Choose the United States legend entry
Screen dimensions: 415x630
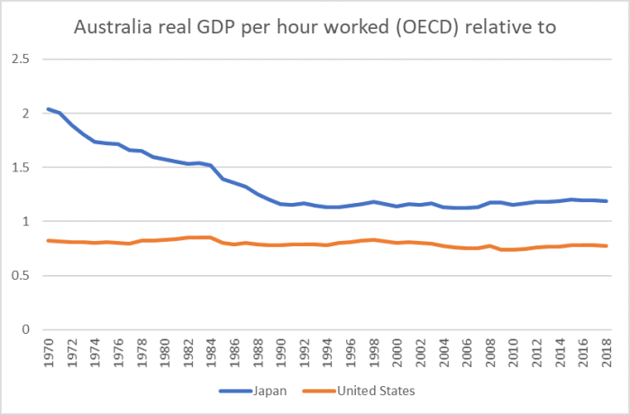[x=372, y=392]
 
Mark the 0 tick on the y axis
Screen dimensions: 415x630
[x=26, y=329]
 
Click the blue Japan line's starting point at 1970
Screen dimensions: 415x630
[x=48, y=109]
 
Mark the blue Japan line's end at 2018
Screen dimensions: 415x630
[x=606, y=201]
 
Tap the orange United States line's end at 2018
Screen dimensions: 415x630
[x=606, y=245]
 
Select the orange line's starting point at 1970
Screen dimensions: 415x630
[x=48, y=240]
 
